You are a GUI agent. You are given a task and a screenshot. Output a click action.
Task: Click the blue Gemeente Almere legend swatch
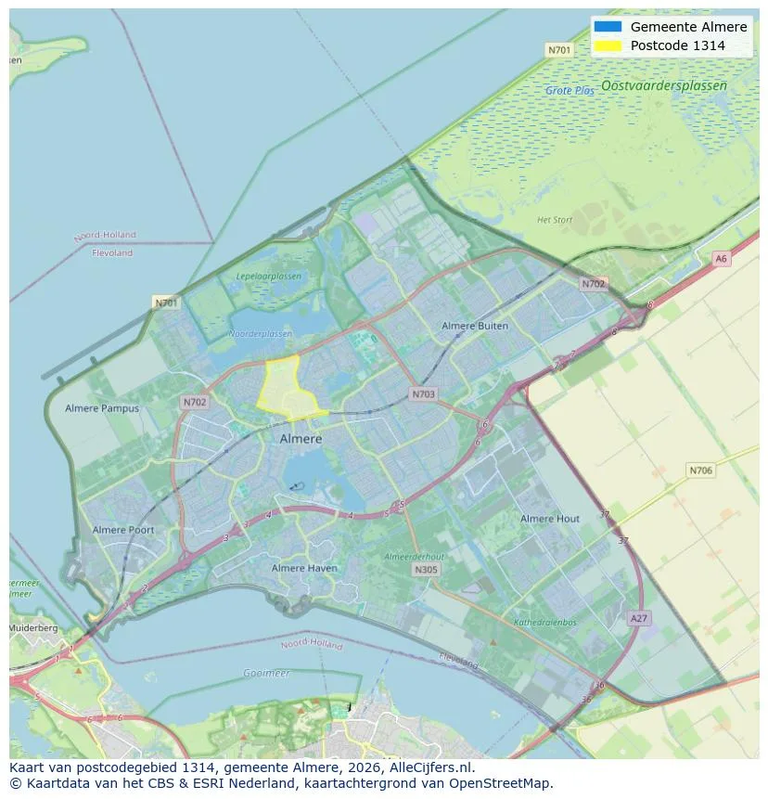608,27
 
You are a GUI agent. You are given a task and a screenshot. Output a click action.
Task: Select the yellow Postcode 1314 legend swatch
608,45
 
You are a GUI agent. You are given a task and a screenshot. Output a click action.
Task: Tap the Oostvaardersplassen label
663,85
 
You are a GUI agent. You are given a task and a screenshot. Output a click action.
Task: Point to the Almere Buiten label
475,326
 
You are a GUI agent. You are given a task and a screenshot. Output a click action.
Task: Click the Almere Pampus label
102,408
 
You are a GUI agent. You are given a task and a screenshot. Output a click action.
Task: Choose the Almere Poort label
123,530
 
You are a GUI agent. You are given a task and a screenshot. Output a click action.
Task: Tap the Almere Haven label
304,568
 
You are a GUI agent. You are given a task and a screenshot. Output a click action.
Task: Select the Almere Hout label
550,519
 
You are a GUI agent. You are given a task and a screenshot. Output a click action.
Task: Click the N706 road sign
701,470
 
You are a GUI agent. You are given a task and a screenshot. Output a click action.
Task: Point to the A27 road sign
638,618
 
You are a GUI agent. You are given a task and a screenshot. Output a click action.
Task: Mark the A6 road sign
721,259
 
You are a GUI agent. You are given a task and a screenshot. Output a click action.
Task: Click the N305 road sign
426,570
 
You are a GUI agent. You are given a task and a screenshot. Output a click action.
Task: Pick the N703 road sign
423,394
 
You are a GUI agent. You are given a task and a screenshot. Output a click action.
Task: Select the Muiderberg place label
33,628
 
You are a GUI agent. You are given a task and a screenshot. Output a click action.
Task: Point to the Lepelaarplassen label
269,277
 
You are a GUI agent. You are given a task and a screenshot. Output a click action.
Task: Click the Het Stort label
555,220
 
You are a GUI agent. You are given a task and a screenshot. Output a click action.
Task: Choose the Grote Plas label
570,91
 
